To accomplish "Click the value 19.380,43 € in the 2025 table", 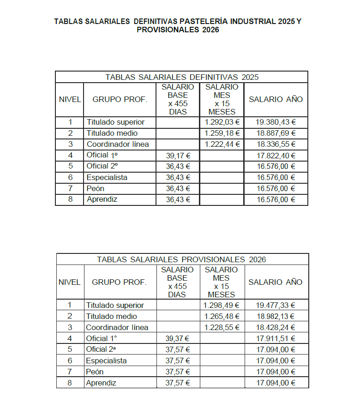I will point(276,122).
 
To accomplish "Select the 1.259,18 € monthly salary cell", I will point(222,133).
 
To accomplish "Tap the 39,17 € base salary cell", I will point(178,156).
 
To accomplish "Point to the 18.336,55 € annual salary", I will point(276,144).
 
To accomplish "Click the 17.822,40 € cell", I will point(276,156).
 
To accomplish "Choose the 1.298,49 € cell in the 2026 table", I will point(222,305).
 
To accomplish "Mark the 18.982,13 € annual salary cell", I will point(276,316).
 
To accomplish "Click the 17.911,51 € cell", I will point(276,338).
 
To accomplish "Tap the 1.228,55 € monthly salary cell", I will point(222,327).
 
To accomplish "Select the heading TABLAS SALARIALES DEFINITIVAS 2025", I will point(182,77).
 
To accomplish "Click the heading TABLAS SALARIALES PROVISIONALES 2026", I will point(181,259).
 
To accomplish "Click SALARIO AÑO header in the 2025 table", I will point(276,99).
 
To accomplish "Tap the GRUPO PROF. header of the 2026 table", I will point(119,282).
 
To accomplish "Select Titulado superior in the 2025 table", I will point(116,122).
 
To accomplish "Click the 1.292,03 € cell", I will point(222,122).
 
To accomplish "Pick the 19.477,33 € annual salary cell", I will point(276,305).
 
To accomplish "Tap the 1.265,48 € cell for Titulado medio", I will point(222,316).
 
